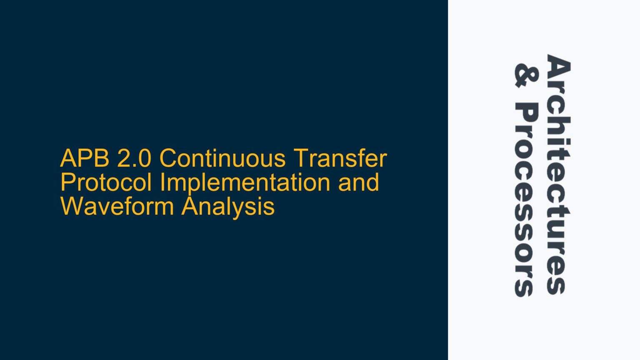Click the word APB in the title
tap(85, 158)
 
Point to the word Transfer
tap(340, 158)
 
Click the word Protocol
tap(106, 182)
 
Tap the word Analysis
tap(228, 206)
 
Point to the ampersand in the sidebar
tap(526, 75)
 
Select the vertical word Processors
tap(526, 200)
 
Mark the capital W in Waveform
tap(73, 206)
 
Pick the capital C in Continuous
tap(170, 158)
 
